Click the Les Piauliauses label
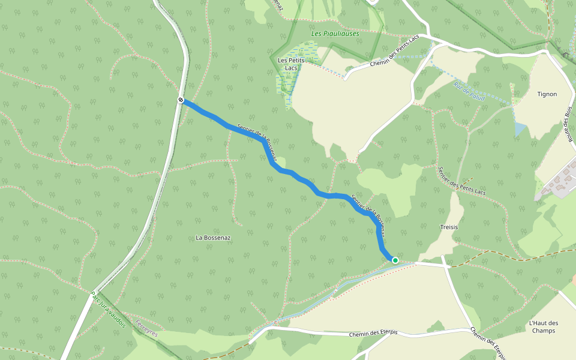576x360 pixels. pos(335,34)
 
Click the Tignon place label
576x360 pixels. pos(547,94)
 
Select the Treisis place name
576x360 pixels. pos(449,227)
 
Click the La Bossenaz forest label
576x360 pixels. pos(213,238)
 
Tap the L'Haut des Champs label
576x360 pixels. pos(544,326)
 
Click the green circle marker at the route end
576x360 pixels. pos(395,260)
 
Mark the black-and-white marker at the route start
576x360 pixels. pos(181,100)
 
